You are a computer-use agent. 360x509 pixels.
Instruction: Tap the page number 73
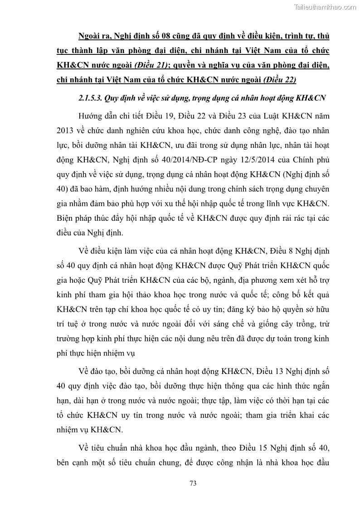pyautogui.click(x=193, y=483)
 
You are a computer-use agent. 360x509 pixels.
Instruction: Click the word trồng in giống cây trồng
pyautogui.click(x=298, y=325)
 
